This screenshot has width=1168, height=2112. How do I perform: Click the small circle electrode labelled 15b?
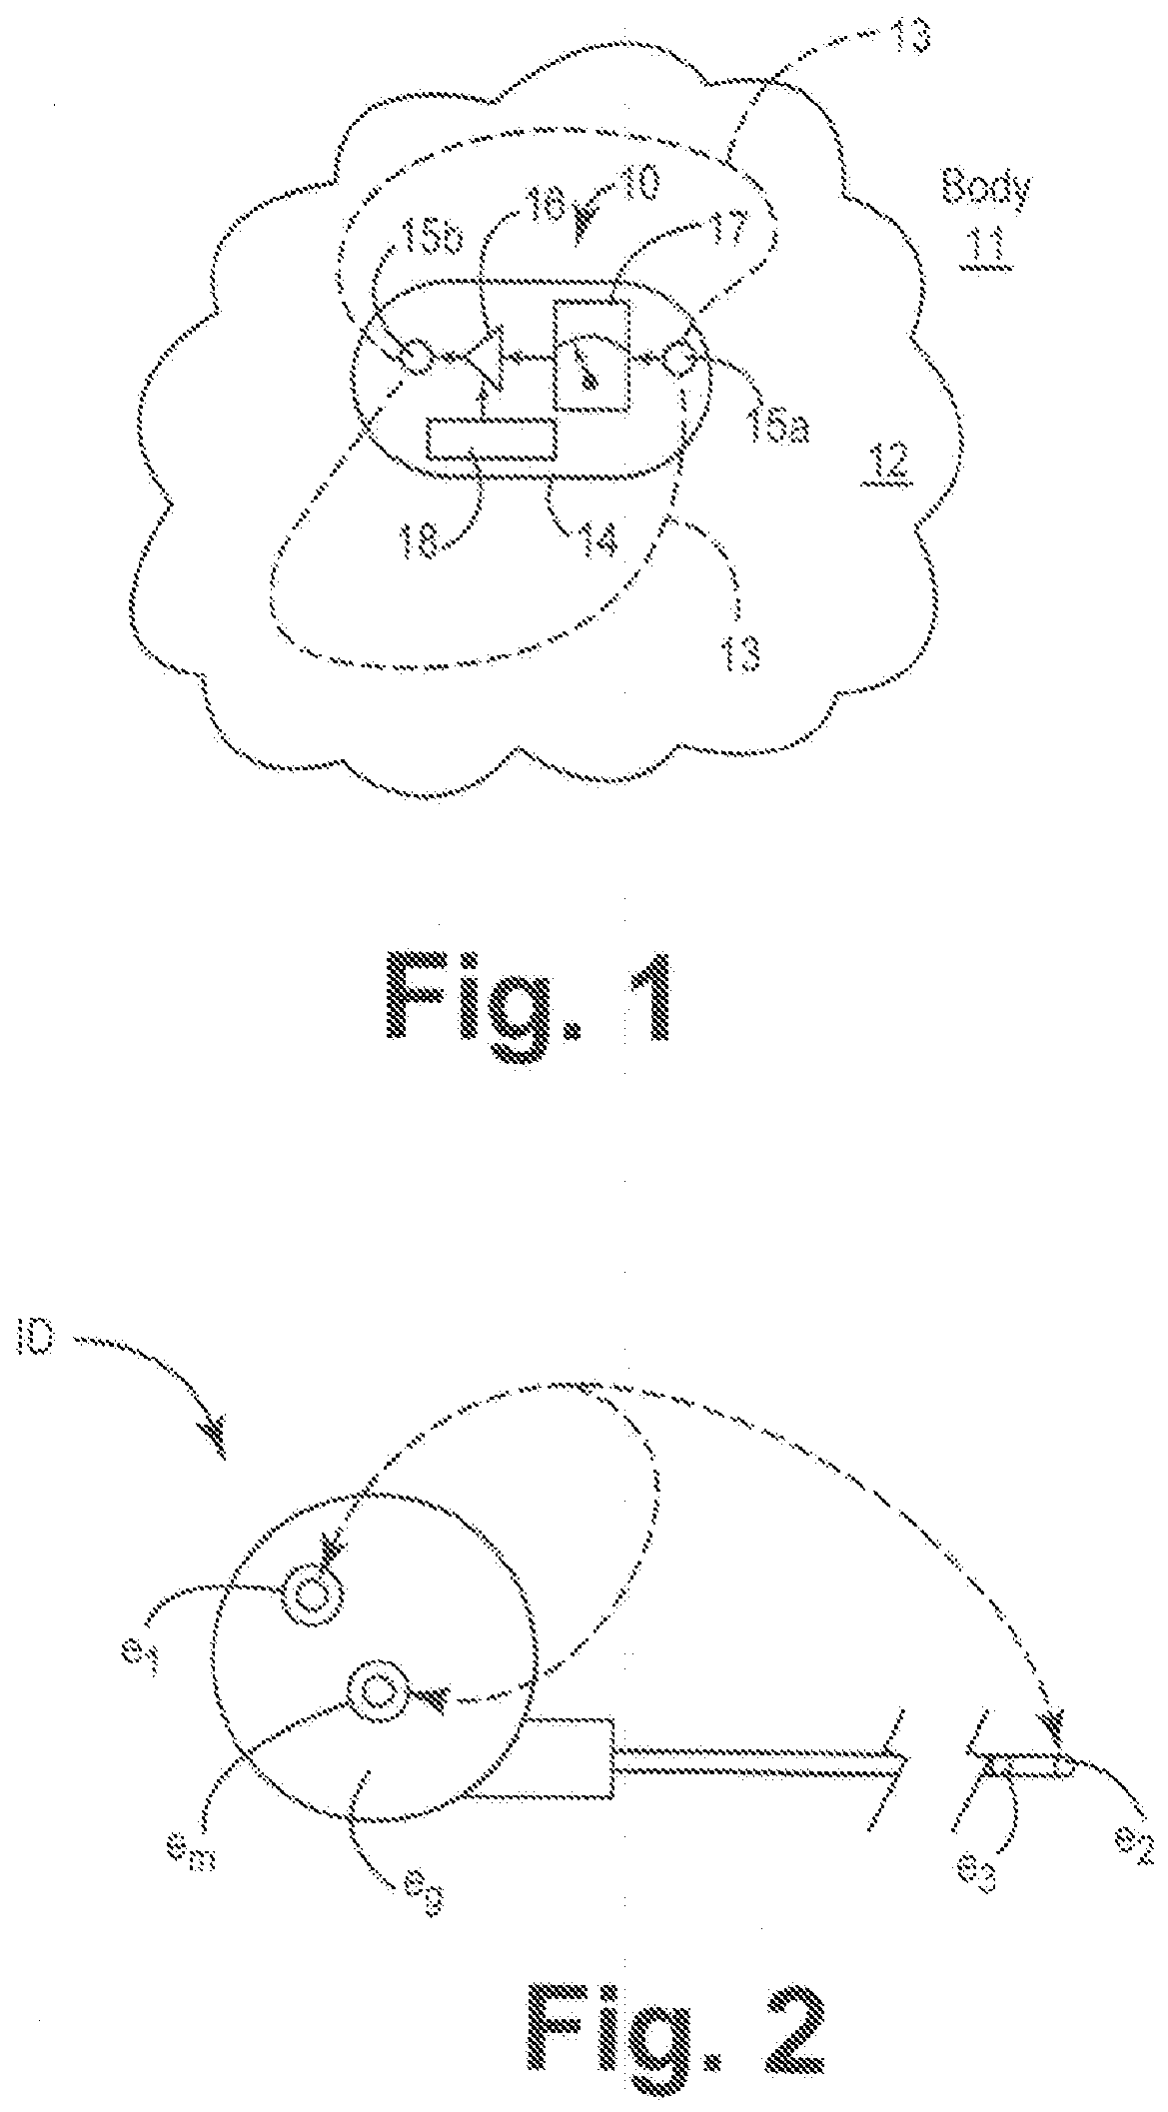[417, 355]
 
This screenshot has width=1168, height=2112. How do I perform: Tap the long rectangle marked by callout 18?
[492, 440]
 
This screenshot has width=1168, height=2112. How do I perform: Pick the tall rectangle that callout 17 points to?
[592, 353]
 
